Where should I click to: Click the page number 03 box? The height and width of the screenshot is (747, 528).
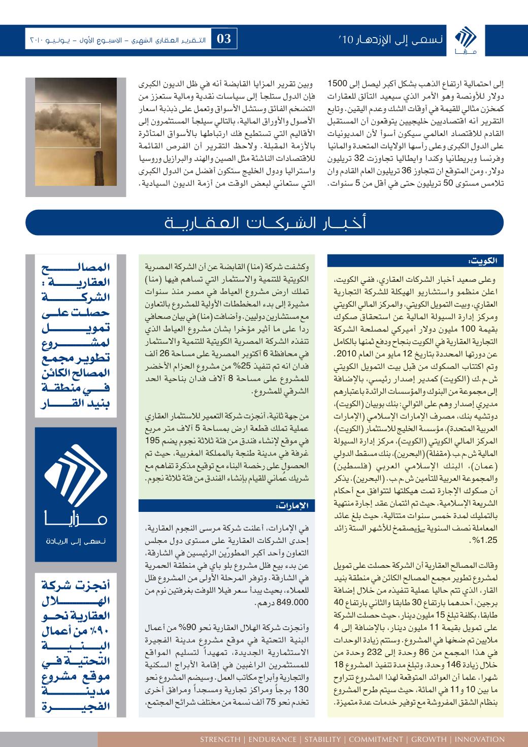coord(224,39)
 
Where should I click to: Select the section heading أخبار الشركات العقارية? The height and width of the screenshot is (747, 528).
coord(264,224)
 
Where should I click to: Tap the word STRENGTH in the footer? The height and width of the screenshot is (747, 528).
coord(220,739)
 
